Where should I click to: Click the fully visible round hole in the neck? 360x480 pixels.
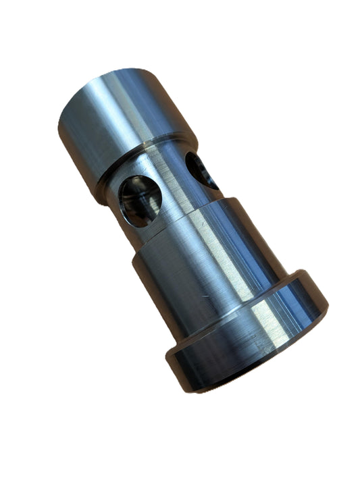click(140, 200)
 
